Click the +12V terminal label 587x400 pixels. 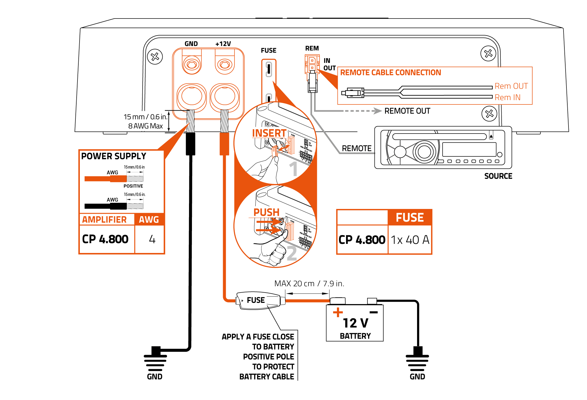tap(223, 44)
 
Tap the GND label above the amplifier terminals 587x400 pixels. tap(191, 44)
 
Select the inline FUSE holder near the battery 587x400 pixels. tap(260, 300)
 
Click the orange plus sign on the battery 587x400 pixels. tap(338, 312)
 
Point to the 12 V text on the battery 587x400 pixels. tap(355, 323)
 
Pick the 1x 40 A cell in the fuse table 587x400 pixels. tap(410, 240)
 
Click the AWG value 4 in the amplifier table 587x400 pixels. tap(152, 239)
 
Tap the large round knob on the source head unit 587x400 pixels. tap(424, 152)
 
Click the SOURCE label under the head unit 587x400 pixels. tap(498, 176)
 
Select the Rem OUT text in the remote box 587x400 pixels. tap(511, 86)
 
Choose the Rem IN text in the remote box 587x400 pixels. tap(507, 97)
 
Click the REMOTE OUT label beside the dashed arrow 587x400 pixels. tap(407, 111)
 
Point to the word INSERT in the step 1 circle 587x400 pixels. tap(269, 133)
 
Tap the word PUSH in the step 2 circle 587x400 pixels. tap(266, 212)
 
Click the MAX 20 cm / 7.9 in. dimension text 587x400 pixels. tap(309, 283)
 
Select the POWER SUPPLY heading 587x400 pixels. tap(114, 156)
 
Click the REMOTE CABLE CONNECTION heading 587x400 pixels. tap(390, 72)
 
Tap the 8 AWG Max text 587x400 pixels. tap(145, 126)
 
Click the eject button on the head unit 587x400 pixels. tap(491, 136)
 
